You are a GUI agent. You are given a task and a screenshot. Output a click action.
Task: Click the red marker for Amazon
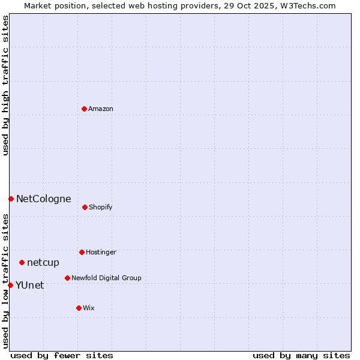tap(85, 109)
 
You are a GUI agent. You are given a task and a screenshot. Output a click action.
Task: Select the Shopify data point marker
tap(85, 207)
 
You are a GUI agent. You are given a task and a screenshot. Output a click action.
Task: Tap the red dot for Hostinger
tap(82, 252)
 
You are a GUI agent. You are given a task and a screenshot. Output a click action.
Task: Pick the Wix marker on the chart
tap(79, 308)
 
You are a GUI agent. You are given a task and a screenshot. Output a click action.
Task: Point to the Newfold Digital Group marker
tap(67, 278)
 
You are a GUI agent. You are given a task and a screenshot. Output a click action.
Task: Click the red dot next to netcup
tap(22, 262)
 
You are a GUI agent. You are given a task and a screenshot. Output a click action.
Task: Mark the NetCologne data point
tap(11, 199)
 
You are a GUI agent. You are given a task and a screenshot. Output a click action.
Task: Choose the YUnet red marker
tap(10, 285)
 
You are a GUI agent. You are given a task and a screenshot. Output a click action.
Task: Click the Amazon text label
tap(101, 109)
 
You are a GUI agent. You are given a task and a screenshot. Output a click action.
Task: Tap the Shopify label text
tap(101, 207)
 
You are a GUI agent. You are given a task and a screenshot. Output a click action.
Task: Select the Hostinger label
tap(101, 252)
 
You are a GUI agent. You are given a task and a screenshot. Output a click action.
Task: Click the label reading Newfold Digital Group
tap(106, 278)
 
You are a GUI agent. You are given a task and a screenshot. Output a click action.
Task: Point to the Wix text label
tap(89, 308)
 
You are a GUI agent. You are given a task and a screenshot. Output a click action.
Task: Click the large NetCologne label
tap(44, 199)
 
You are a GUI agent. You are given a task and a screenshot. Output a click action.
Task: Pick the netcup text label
tap(43, 262)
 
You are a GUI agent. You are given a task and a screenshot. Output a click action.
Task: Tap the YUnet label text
tap(30, 285)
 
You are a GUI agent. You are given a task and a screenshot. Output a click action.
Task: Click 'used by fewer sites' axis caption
tap(62, 355)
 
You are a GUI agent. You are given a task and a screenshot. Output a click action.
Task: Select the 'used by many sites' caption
tap(301, 355)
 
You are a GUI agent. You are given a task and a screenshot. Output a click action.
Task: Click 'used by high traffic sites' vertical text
tap(5, 85)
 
